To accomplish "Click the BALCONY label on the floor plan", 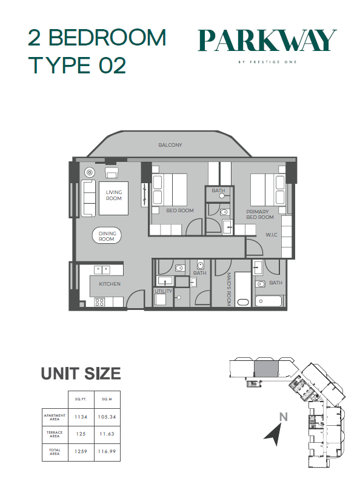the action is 170,145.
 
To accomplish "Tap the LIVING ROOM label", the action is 114,195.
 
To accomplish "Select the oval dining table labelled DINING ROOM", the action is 107,236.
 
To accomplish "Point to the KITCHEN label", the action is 110,284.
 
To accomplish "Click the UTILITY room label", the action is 163,291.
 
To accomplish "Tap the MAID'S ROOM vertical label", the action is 228,289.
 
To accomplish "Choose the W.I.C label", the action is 272,235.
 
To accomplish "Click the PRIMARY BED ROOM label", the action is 260,215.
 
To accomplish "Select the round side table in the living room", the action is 90,172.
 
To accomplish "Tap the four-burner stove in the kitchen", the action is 99,302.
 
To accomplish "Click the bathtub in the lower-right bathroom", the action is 268,301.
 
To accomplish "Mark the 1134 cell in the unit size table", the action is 81,417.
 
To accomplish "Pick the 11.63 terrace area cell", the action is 107,434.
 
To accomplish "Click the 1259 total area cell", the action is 81,451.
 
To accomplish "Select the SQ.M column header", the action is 107,399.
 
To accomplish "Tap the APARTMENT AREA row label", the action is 55,417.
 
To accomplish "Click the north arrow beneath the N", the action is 273,434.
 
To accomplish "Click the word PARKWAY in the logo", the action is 267,40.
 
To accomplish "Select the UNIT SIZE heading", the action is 81,374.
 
